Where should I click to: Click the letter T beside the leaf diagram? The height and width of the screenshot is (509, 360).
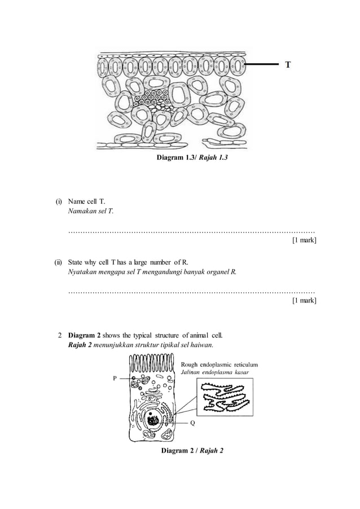(288, 65)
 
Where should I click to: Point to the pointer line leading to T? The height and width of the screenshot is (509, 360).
(264, 65)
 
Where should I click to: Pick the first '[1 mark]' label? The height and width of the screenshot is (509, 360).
(304, 241)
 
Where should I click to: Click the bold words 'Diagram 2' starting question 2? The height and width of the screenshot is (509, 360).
(85, 336)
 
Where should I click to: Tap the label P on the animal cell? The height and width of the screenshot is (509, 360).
(115, 379)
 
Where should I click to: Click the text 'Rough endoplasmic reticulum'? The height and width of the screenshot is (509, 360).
(219, 364)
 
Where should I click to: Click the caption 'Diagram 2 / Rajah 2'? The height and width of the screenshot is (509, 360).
(192, 450)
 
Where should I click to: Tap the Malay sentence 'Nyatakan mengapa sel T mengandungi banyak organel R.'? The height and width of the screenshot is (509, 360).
(152, 271)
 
